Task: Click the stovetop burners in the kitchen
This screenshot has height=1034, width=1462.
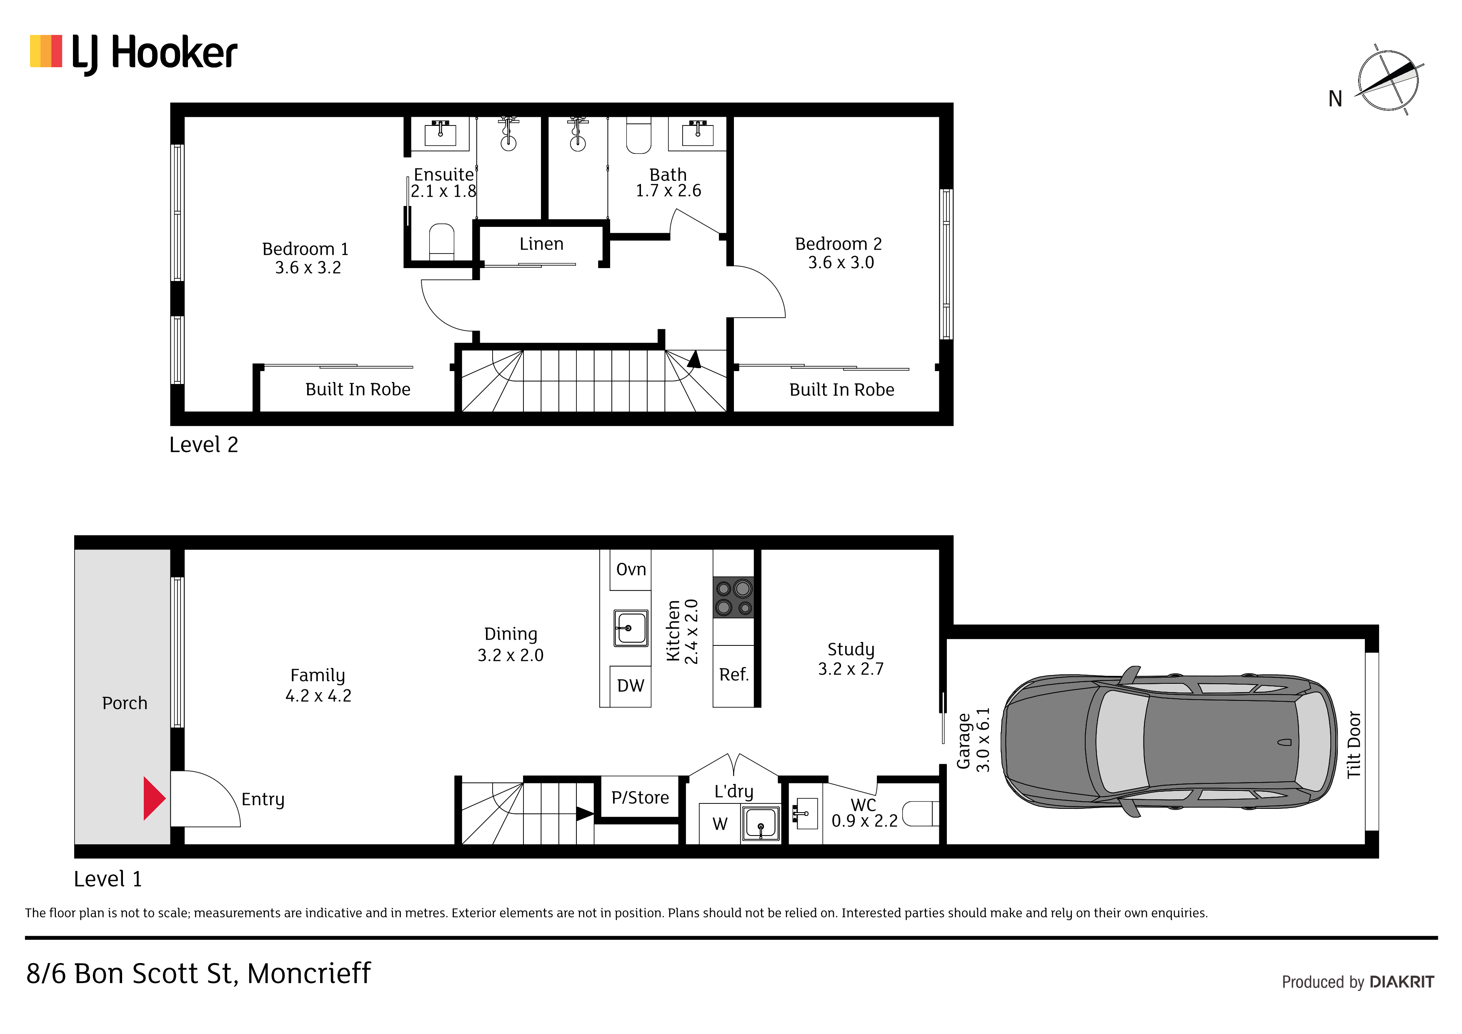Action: point(733,597)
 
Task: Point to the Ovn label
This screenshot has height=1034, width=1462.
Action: point(631,569)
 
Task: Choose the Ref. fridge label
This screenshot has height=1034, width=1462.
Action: point(734,675)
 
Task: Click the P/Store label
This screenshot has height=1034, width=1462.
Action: point(640,798)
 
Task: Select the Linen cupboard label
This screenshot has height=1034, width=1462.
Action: point(541,244)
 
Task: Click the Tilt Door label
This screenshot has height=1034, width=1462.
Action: point(1354,745)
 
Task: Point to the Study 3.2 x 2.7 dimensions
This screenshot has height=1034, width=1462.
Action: point(851,669)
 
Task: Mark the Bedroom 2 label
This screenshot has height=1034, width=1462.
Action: point(838,244)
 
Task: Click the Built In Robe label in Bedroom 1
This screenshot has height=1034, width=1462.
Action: point(358,389)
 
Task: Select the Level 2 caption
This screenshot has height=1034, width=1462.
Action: point(204,445)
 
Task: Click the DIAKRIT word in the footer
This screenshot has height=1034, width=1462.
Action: point(1402,982)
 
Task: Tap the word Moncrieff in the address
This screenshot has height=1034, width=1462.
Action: point(309,974)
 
